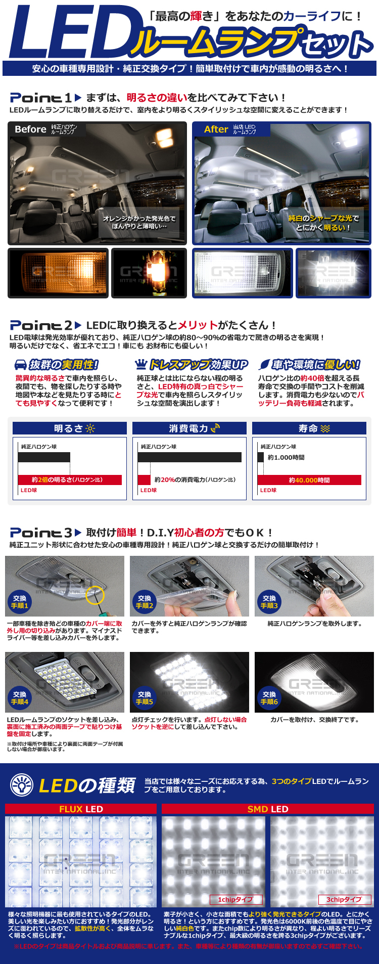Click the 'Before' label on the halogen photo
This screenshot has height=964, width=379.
click(x=30, y=129)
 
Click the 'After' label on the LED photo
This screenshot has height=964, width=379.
click(x=216, y=129)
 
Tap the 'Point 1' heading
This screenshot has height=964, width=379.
click(x=41, y=98)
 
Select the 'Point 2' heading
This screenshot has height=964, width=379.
click(x=41, y=325)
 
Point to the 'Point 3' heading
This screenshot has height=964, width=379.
click(x=41, y=533)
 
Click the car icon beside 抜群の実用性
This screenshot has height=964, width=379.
click(x=21, y=365)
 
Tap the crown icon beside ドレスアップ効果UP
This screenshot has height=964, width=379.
click(x=141, y=364)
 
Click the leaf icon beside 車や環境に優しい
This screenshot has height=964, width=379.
click(x=264, y=365)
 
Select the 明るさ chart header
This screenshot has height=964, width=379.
click(x=70, y=428)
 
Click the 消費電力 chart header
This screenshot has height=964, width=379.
click(x=189, y=428)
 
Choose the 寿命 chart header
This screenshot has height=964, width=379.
click(x=309, y=428)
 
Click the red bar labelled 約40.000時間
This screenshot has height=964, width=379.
click(x=309, y=480)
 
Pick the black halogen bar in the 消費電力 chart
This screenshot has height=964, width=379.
click(x=189, y=457)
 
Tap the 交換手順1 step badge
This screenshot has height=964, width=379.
click(x=20, y=602)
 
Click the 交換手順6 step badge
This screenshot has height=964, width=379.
click(x=269, y=698)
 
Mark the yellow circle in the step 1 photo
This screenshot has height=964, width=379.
click(x=95, y=595)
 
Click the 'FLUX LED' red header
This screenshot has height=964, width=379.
click(x=81, y=809)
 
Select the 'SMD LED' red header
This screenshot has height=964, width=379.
click(x=268, y=809)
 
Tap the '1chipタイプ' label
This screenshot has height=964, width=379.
click(x=236, y=899)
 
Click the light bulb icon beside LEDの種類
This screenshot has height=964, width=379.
click(x=22, y=785)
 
